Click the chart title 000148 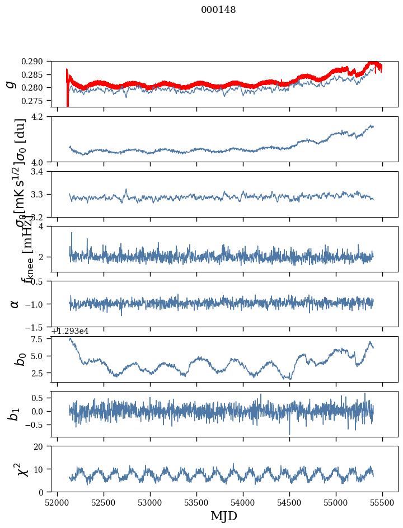(x=218, y=10)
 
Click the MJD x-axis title (x=224, y=516)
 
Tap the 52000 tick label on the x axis (x=57, y=503)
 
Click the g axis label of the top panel (x=10, y=84)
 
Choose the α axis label (x=15, y=304)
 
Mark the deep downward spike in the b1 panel (x=289, y=433)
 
